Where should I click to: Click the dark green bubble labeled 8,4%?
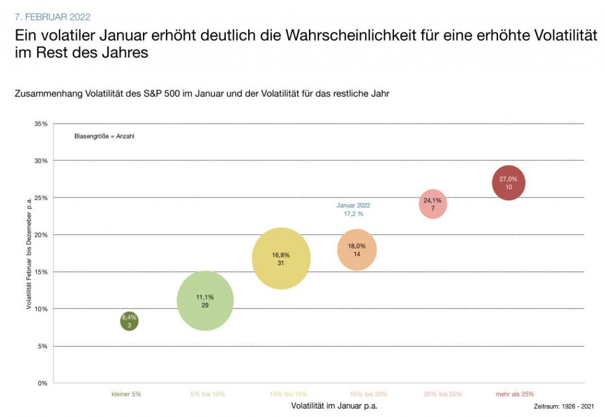point(129,322)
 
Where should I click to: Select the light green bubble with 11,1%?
point(205,301)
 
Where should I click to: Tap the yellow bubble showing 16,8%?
point(281,258)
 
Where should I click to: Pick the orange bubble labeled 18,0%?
point(357,250)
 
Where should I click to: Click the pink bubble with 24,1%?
point(433,204)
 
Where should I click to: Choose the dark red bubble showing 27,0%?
point(509,183)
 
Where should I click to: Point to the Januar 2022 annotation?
point(353,209)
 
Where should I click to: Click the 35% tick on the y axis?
point(40,124)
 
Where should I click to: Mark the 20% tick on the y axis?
point(40,235)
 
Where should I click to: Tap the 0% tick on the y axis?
point(42,383)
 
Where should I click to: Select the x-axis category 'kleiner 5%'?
point(126,394)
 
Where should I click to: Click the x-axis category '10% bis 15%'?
point(288,394)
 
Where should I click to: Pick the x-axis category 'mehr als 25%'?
point(515,394)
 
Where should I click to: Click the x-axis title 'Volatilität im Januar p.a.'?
point(334,406)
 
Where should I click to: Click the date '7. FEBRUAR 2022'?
point(53,17)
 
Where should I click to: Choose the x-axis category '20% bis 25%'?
point(443,394)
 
